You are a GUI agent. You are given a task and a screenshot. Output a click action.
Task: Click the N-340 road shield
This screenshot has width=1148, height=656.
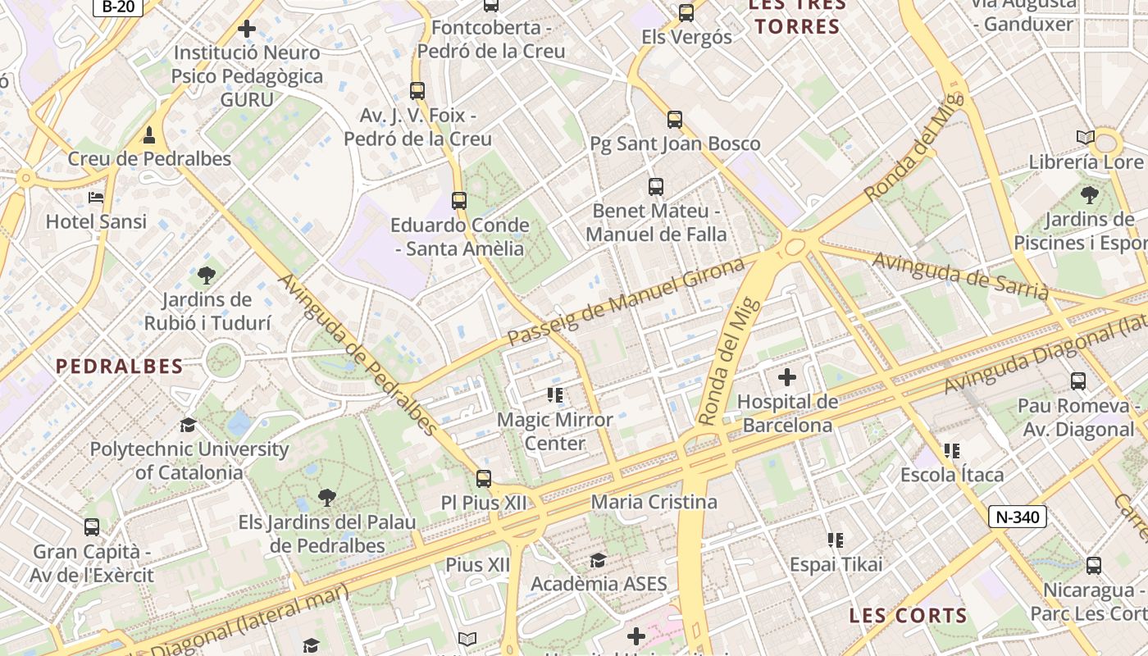pos(1017,517)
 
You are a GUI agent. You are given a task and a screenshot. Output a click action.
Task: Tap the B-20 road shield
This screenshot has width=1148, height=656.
pos(118,7)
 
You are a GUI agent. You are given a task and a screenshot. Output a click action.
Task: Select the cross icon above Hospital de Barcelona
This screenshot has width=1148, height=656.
pos(787,377)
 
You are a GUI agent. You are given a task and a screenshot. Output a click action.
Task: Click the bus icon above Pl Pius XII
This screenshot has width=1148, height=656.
pos(484,478)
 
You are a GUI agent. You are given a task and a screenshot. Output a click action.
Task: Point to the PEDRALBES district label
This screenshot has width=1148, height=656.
pos(119,367)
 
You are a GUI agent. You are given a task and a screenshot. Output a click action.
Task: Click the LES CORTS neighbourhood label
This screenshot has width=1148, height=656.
pos(908,615)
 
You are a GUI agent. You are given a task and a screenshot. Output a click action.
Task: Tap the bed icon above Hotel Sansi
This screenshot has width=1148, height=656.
pos(96,198)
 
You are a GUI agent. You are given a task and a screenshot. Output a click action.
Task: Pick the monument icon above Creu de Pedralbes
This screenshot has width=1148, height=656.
pos(149,134)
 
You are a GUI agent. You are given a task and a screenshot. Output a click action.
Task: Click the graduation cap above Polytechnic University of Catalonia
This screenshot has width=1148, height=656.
pos(189,425)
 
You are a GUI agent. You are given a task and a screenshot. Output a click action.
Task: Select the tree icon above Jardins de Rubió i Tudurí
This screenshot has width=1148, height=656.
pos(207,276)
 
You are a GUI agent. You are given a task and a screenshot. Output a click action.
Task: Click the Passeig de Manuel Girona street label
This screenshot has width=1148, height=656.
pos(626,300)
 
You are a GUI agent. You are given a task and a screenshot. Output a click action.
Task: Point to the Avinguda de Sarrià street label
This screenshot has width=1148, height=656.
pos(959,276)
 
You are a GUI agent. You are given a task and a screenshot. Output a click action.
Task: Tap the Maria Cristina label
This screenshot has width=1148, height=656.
pos(654,502)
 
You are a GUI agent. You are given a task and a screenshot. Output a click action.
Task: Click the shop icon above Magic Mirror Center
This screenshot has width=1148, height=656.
pos(555,396)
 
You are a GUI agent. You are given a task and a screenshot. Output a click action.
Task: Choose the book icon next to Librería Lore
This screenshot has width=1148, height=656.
pos(1085,138)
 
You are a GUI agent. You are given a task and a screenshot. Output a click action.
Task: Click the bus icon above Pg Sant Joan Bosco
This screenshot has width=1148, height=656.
pos(674,120)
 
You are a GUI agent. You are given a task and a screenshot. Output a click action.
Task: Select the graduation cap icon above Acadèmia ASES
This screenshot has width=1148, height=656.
pos(599,561)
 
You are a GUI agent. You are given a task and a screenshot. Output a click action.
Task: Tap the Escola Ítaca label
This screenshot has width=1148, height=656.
pos(951,475)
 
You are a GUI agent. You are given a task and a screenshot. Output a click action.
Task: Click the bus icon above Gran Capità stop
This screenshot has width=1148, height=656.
pos(92,527)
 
